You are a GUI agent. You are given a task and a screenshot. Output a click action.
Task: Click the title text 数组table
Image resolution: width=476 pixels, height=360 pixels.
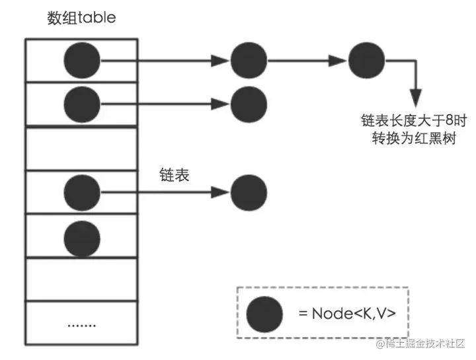point(81,18)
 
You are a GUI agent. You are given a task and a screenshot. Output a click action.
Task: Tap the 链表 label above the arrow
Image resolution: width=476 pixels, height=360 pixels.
point(175,174)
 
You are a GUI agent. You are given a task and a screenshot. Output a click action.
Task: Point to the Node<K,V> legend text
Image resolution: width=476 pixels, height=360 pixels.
point(347,312)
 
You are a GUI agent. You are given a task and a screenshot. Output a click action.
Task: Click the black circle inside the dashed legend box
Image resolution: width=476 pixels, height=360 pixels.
point(265,313)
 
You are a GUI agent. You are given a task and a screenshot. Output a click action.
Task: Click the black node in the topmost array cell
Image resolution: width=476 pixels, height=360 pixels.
point(82,61)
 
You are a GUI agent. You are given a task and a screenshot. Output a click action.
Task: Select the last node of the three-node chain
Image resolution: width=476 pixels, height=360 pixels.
point(367,61)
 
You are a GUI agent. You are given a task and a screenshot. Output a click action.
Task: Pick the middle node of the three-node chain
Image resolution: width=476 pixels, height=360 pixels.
point(249,61)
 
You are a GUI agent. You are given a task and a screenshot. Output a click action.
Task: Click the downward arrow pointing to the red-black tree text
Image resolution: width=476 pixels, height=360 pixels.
point(416,92)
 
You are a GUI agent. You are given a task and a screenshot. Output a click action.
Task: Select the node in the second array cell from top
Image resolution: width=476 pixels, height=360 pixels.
point(82,103)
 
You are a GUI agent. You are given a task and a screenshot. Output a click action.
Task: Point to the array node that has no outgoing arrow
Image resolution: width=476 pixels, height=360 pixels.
point(82,236)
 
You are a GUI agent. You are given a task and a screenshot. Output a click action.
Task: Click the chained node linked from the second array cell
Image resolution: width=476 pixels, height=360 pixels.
point(249,103)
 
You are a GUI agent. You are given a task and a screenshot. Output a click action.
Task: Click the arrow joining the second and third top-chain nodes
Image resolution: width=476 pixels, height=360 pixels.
point(307,61)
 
